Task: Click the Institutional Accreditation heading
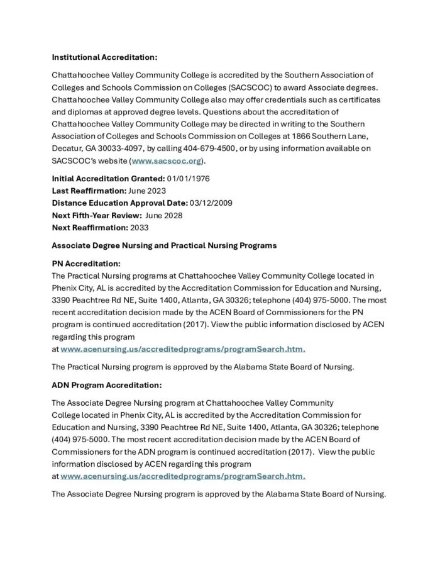click(x=104, y=57)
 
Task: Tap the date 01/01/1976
click(x=189, y=178)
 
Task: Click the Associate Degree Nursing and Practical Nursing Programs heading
click(x=163, y=245)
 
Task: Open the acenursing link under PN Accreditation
click(x=183, y=349)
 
